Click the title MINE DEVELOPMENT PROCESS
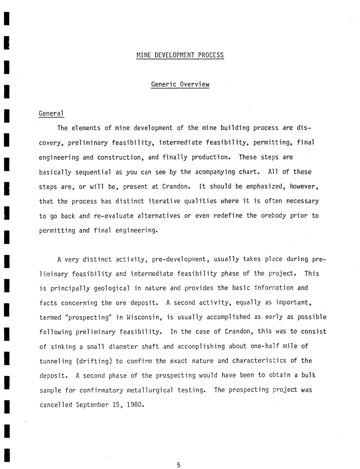[180, 55]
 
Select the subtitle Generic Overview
[180, 84]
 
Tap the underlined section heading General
[51, 114]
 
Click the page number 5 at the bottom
[179, 465]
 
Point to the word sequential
[93, 172]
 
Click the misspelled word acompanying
[215, 172]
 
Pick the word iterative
[164, 201]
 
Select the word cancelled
[56, 405]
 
